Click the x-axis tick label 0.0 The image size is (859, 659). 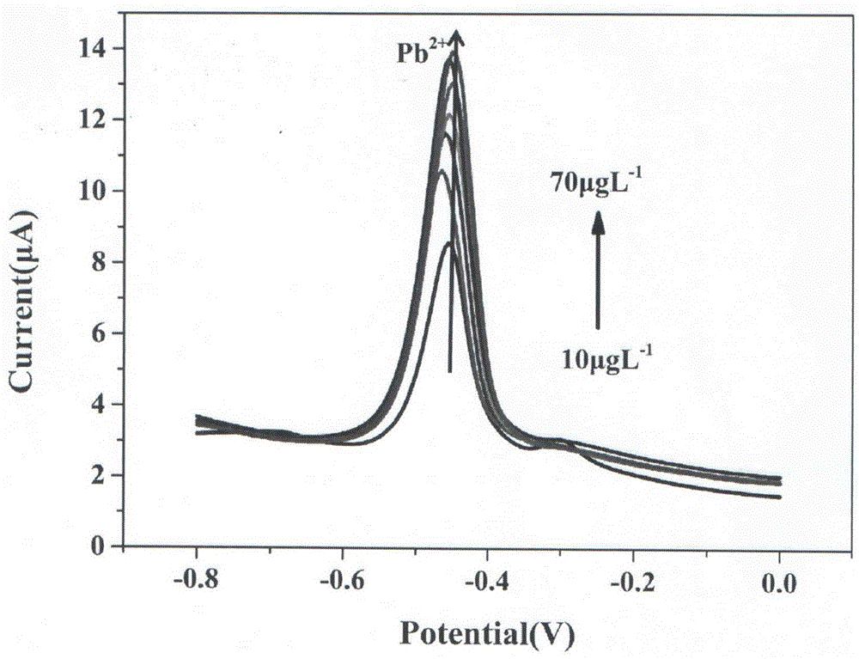(778, 585)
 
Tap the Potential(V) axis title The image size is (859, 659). (488, 635)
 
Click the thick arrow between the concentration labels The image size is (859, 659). (598, 271)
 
